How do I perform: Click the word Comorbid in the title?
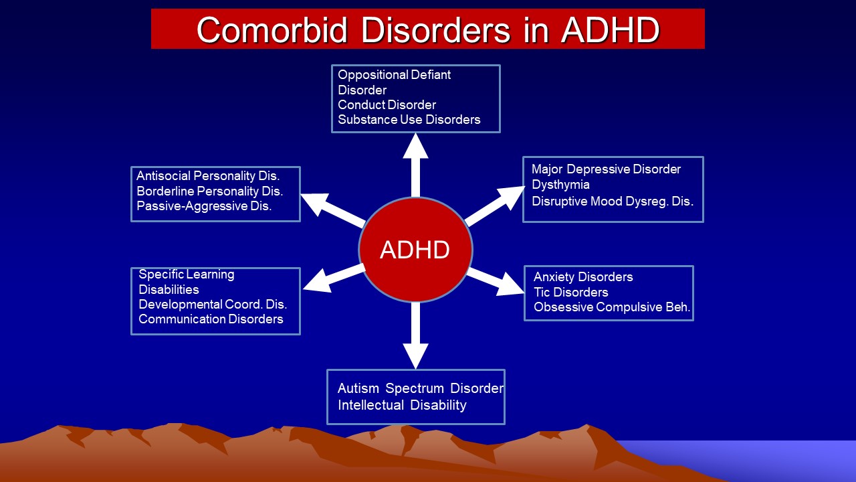(x=272, y=30)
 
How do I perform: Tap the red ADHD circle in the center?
(x=415, y=250)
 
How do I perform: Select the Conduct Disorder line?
(x=387, y=105)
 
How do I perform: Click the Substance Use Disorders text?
(x=409, y=120)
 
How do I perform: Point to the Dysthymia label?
(x=560, y=185)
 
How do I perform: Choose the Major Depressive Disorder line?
(x=606, y=169)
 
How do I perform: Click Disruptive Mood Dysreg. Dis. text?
(x=613, y=202)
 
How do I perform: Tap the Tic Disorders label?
(x=571, y=293)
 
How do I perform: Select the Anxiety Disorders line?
(x=583, y=276)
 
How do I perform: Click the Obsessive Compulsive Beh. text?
(x=612, y=307)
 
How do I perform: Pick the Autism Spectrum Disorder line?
(x=421, y=388)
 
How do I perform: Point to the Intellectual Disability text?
(x=402, y=405)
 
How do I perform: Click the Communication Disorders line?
(x=211, y=319)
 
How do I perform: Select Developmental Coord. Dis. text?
(x=213, y=304)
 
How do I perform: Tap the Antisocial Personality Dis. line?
(x=208, y=176)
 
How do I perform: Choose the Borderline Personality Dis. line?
(x=209, y=191)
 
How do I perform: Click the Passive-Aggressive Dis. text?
(x=204, y=206)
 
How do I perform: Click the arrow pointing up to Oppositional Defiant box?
(x=415, y=165)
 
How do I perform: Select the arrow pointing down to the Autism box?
(x=415, y=335)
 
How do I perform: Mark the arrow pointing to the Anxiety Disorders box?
(x=496, y=282)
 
